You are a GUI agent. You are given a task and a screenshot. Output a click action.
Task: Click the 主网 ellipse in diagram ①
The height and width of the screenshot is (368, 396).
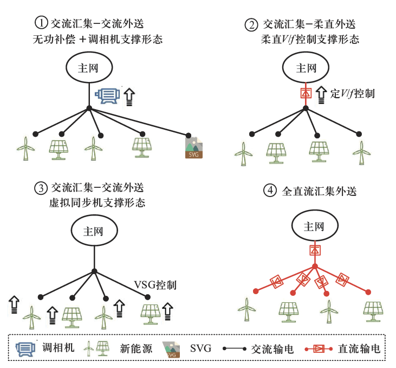click(x=89, y=68)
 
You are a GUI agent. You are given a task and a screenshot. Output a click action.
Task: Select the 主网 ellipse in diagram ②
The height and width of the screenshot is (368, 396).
click(x=306, y=68)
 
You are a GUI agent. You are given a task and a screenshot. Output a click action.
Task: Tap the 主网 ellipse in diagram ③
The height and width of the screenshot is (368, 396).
click(x=94, y=230)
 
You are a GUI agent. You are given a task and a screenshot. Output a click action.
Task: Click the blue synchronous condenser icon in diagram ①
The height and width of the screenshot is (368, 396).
click(x=108, y=96)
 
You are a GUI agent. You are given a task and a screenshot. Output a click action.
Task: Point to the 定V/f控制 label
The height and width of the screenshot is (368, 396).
click(x=352, y=93)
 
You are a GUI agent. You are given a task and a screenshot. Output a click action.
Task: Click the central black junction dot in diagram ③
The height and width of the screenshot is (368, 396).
click(x=94, y=271)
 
